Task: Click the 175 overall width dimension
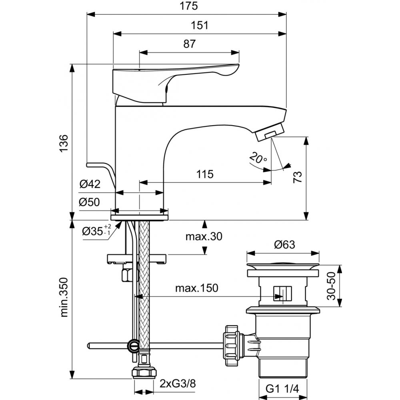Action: tap(187, 6)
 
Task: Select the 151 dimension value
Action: tap(200, 25)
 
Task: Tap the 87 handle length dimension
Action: tap(190, 44)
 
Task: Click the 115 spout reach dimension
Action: tap(205, 174)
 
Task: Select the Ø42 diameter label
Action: tap(89, 184)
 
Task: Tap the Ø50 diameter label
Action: tap(89, 202)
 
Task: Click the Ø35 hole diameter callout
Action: tap(96, 231)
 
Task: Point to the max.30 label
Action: tap(203, 236)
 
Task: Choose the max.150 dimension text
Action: tap(197, 288)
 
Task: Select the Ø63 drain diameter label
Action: tap(284, 245)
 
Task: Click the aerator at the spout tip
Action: tap(269, 132)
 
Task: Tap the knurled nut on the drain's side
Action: tap(232, 345)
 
